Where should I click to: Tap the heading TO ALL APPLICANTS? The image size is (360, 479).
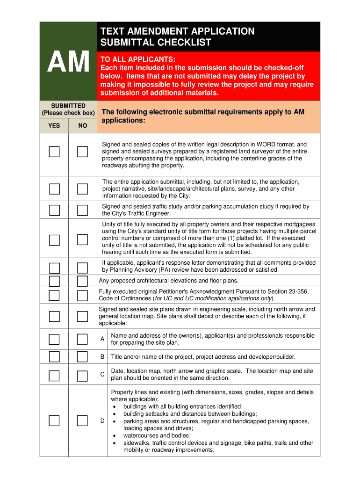coord(138,59)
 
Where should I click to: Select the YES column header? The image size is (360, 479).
coord(54,125)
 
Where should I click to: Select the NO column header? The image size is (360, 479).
coord(83,125)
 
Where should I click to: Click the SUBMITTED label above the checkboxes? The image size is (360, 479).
coord(68,106)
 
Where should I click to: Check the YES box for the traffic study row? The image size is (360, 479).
coord(55,210)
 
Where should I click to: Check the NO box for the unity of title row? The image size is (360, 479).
coord(83,240)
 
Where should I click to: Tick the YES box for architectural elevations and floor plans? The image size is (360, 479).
coord(55,281)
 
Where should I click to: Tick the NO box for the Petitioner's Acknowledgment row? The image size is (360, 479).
coord(83,295)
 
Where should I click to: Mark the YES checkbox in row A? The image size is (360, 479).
coord(55,339)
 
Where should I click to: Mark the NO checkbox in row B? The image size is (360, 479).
coord(83,357)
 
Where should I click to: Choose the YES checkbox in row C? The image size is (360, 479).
coord(55,375)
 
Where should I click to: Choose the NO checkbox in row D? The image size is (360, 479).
coord(83,421)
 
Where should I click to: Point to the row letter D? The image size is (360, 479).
coord(102,421)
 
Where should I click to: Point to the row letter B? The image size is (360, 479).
coord(102,357)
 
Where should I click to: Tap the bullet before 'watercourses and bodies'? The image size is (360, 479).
coord(115,435)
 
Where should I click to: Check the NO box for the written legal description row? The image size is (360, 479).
coord(83,152)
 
